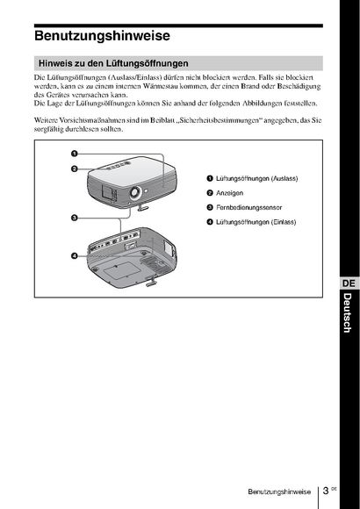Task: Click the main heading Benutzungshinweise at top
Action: [102, 36]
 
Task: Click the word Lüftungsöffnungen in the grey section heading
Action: [148, 63]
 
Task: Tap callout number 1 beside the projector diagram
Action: [75, 154]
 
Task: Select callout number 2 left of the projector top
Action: [75, 168]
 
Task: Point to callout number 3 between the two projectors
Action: [75, 218]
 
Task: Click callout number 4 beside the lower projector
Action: [75, 256]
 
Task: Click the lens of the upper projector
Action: [135, 192]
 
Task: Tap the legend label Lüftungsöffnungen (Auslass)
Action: [256, 178]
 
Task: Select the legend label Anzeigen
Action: [229, 193]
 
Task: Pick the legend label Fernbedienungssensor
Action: [248, 207]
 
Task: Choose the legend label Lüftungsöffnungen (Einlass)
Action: [256, 222]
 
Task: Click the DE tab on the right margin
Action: [349, 283]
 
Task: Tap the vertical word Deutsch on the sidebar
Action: [348, 312]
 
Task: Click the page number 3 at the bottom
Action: [326, 491]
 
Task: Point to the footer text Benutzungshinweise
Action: [279, 491]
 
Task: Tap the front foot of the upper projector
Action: [143, 207]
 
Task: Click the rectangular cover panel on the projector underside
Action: [121, 269]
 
